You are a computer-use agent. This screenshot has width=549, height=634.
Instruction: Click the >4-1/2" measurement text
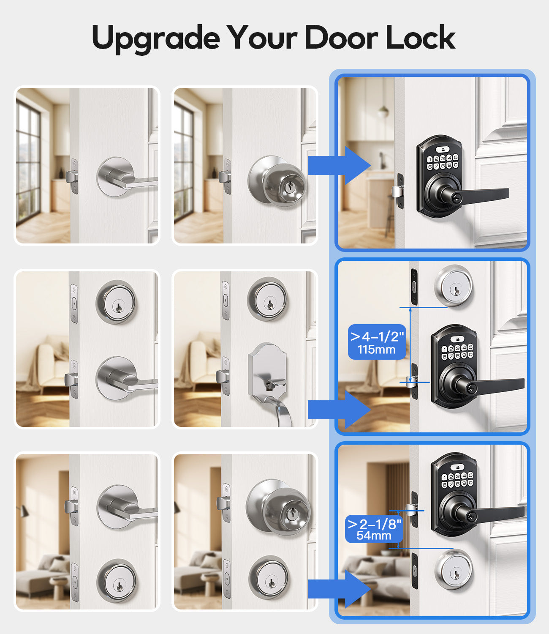[x=377, y=336]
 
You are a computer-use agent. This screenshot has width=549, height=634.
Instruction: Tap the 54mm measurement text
[x=374, y=536]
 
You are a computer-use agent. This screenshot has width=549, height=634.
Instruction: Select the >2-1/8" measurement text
[x=374, y=524]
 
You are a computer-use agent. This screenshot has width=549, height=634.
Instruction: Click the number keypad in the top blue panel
[x=443, y=162]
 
